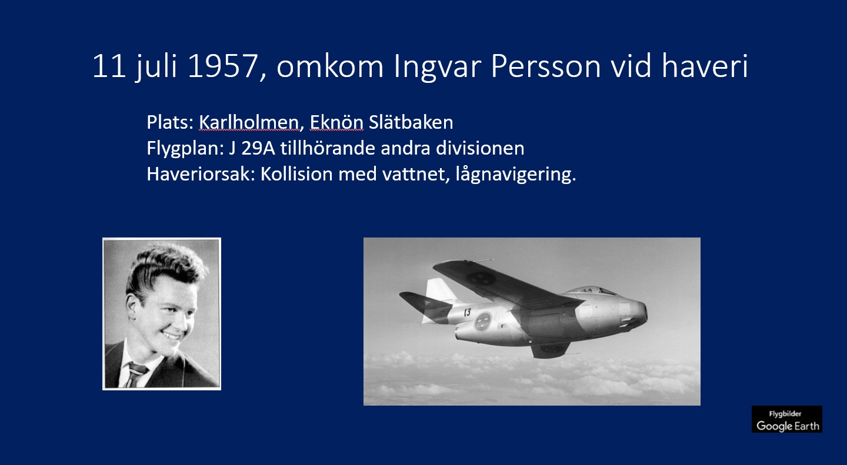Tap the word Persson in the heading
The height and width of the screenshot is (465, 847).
pos(546,66)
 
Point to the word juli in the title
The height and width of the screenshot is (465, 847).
pos(156,67)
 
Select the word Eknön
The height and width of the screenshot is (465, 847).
pos(336,122)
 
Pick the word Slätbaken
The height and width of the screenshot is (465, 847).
pos(411,122)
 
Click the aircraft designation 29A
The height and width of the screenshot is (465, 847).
pos(258,148)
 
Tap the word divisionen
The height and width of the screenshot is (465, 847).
pos(480,148)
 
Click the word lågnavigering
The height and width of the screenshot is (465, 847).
pos(516,175)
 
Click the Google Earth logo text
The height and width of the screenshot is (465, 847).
pos(788,426)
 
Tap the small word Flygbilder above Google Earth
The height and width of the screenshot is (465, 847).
pos(785,414)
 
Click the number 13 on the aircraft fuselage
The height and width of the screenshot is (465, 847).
pos(468,312)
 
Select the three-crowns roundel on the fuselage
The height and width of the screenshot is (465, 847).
pos(482,322)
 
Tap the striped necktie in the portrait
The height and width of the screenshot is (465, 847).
pos(136,374)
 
